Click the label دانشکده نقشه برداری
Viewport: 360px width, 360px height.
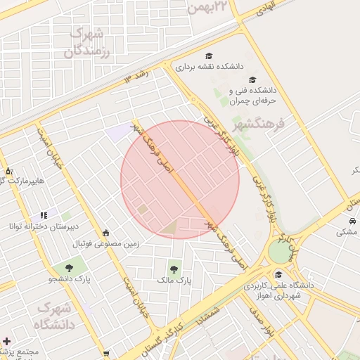pos(208,67)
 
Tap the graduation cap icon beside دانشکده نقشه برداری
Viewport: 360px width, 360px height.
pos(208,56)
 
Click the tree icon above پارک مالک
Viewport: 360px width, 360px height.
pos(174,268)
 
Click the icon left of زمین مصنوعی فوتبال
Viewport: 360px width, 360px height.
pos(106,233)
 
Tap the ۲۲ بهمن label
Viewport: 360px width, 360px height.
pos(209,6)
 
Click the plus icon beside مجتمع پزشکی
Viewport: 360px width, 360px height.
pos(6,340)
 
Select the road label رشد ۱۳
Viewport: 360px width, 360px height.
pos(139,76)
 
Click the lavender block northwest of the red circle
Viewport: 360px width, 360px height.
pos(118,131)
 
